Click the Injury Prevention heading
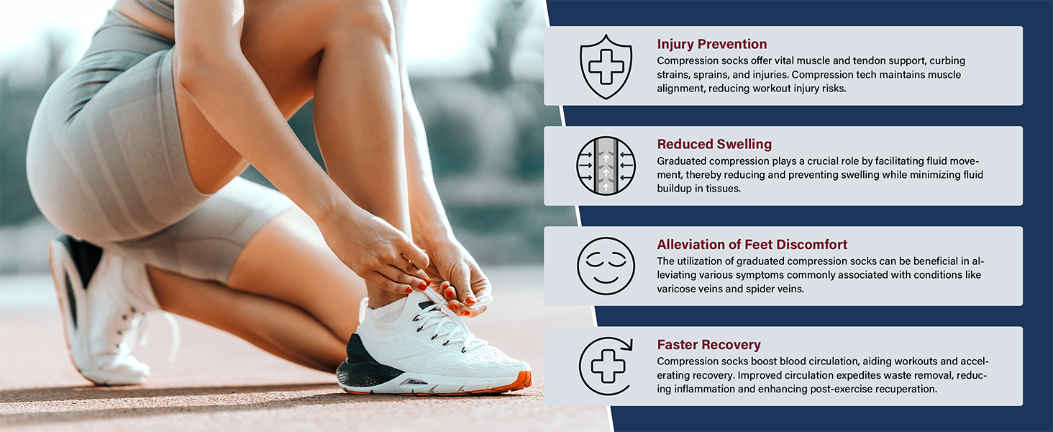[712, 44]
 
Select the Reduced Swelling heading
[714, 144]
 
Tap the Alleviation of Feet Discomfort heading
[752, 244]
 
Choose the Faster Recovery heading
[708, 344]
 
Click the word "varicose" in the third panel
[677, 289]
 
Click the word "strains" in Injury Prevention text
[674, 75]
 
